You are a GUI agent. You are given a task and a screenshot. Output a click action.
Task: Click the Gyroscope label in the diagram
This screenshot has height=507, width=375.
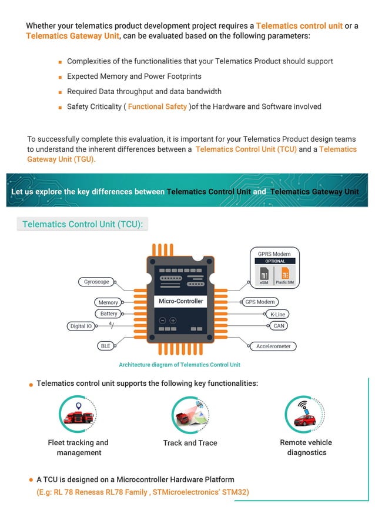coord(96,282)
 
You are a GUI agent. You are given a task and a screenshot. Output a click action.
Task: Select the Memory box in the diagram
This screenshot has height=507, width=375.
coord(108,302)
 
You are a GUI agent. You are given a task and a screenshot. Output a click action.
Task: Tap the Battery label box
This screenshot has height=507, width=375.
coord(109,313)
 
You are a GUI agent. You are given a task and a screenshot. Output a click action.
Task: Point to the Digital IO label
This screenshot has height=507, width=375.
coord(81,326)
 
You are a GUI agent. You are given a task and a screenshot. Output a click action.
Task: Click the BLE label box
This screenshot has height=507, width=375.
coord(106,346)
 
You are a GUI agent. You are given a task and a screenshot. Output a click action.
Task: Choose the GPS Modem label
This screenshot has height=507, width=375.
coord(260,302)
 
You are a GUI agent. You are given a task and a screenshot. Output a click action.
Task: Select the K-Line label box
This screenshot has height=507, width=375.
coord(277,315)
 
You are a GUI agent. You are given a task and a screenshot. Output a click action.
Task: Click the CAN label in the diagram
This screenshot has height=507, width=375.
coord(279,326)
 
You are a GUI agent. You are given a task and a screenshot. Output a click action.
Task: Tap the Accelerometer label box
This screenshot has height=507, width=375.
coord(273,346)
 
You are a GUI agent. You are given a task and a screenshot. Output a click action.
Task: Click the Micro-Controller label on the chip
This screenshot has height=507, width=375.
coord(181,301)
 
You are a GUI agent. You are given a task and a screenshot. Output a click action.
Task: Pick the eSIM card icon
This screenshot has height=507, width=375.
coord(264,274)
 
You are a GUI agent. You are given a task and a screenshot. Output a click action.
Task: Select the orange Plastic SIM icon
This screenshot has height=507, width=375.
coord(285,274)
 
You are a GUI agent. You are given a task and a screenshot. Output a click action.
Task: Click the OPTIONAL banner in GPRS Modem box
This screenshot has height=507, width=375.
coord(274,261)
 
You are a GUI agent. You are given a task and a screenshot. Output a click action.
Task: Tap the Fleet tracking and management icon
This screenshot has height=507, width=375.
coord(78,415)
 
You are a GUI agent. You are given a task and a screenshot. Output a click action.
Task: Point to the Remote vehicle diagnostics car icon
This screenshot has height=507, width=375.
coord(305,415)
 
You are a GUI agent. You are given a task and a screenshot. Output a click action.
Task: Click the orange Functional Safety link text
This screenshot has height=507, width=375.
coord(158,106)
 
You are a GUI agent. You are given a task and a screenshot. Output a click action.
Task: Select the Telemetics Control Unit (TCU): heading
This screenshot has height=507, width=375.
coord(82,224)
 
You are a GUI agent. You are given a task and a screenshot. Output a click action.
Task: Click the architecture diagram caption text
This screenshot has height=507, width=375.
coord(179,365)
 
